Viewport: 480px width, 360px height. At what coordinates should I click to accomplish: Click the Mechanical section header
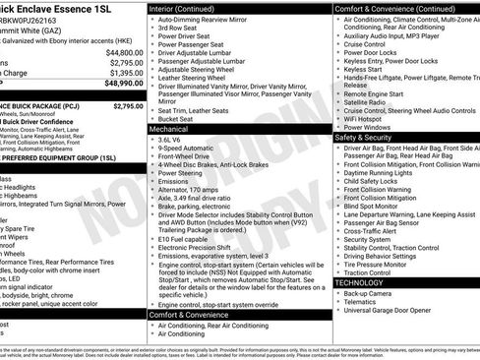[169, 129]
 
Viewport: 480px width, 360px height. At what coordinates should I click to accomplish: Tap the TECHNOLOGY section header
[360, 282]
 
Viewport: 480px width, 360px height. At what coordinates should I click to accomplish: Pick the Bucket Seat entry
[180, 117]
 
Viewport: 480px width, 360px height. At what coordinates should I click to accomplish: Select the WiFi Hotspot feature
[368, 116]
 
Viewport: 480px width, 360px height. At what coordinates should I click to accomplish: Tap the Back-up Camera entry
[369, 293]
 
